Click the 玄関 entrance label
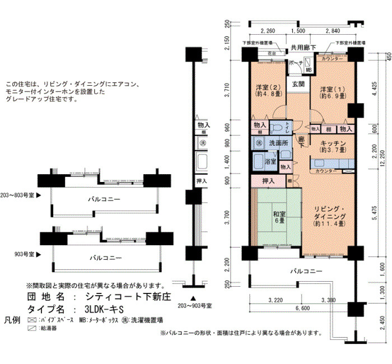click(297, 85)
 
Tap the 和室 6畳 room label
click(279, 217)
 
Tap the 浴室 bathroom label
click(270, 162)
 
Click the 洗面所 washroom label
click(278, 143)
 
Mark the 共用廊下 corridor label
click(303, 48)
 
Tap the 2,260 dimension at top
click(267, 31)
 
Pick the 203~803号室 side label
click(17, 197)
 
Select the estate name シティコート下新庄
click(129, 297)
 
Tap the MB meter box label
click(309, 69)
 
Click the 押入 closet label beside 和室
click(268, 181)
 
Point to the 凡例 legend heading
click(12, 321)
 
